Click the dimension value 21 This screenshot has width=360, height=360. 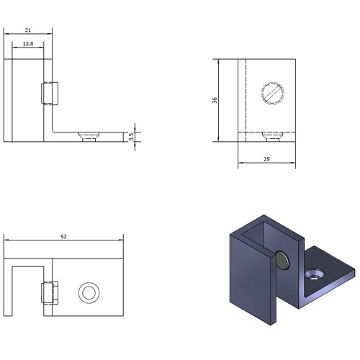point(28,30)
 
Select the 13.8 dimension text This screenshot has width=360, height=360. point(28,44)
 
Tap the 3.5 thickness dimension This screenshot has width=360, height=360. point(131,137)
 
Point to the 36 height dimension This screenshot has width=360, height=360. point(215,100)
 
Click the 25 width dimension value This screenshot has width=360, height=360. point(266,159)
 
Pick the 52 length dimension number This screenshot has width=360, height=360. point(63,237)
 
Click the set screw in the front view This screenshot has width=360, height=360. point(50,94)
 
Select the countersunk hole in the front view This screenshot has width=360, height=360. point(89,137)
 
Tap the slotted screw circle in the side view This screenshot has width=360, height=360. point(273,93)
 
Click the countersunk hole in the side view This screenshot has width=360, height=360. point(273,137)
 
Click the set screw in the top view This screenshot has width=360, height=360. point(50,293)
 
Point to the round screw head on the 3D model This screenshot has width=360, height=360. point(282,261)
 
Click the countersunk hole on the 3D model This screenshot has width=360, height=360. point(314,274)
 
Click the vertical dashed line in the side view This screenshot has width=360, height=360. point(246,100)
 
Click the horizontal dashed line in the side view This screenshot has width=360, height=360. point(266,132)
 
